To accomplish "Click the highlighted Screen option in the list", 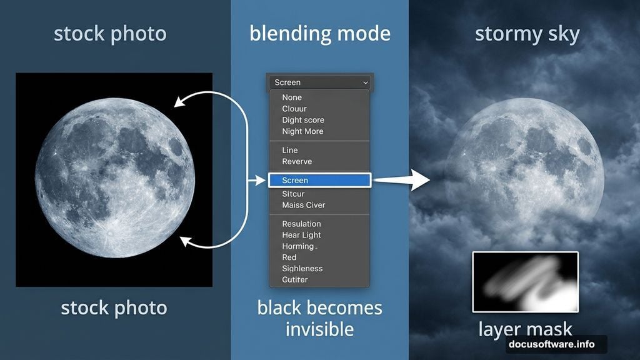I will click(x=319, y=180).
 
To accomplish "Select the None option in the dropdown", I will click(x=292, y=97).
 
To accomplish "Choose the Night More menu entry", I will click(x=302, y=131).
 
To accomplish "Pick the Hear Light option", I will click(x=301, y=235).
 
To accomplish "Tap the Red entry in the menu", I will click(x=289, y=257).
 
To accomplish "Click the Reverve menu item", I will click(x=297, y=161).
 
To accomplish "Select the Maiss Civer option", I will click(x=304, y=205).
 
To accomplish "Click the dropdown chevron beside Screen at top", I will click(x=366, y=82).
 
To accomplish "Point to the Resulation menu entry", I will click(x=301, y=224).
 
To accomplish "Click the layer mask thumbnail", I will click(x=525, y=282).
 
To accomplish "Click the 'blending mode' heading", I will click(x=319, y=33).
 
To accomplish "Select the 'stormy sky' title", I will click(x=527, y=34).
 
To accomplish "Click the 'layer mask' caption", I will click(x=525, y=329).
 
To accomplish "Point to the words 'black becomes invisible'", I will click(x=319, y=317).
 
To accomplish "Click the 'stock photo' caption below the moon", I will click(x=114, y=307).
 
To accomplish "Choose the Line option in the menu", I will click(x=290, y=150).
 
